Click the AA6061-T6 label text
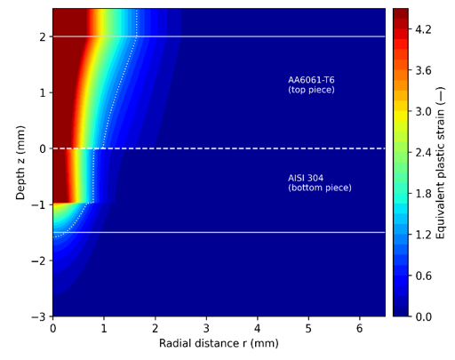[311, 80]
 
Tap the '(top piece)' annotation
[311, 90]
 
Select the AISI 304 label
[306, 178]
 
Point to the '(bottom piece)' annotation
[320, 188]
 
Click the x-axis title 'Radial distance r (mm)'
[219, 343]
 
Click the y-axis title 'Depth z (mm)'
[20, 163]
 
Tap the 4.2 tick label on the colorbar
[423, 29]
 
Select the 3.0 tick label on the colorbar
[423, 112]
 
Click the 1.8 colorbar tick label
[423, 194]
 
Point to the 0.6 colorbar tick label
[423, 276]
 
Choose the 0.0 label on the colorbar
[423, 316]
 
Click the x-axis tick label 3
[206, 328]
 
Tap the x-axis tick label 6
[360, 328]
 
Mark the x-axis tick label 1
[104, 328]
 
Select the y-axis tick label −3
[38, 316]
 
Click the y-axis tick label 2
[43, 36]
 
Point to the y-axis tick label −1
[38, 204]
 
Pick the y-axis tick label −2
[38, 260]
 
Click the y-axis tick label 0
[43, 148]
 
